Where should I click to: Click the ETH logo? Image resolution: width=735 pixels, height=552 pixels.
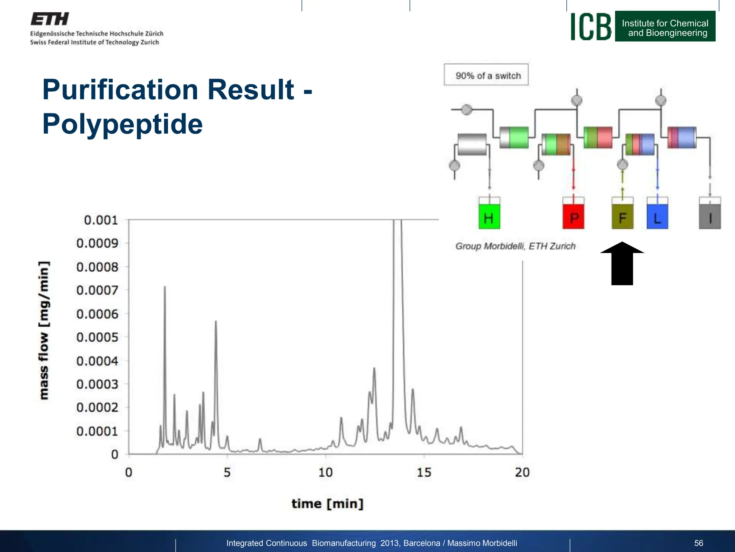point(50,19)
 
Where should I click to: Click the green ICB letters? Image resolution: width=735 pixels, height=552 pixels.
point(591,27)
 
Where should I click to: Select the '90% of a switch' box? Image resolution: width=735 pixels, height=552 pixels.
point(486,75)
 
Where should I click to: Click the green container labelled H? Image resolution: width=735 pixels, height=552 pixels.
point(489,216)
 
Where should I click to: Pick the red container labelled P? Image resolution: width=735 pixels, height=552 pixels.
point(573,216)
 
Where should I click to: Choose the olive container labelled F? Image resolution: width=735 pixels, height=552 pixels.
point(622,216)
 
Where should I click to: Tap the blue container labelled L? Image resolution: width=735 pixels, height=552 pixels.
point(657,216)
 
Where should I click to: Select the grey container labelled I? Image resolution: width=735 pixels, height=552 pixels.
point(710,216)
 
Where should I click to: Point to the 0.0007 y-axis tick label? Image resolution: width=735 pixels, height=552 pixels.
point(97,290)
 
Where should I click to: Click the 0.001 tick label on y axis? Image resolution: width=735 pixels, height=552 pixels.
point(100,220)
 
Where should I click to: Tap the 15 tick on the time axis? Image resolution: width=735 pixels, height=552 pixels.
point(424,472)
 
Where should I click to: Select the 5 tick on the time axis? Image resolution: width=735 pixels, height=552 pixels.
point(227,472)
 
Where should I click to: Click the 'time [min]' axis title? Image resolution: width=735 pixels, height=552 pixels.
point(327,503)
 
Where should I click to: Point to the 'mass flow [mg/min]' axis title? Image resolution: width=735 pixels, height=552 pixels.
point(44,330)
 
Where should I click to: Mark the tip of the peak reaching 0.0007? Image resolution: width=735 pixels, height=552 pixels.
point(165,287)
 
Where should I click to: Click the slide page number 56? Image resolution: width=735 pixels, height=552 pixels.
point(698,543)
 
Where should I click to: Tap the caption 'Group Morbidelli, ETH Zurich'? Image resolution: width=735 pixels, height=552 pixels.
point(515,246)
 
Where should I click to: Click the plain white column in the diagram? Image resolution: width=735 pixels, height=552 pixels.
point(472,144)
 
